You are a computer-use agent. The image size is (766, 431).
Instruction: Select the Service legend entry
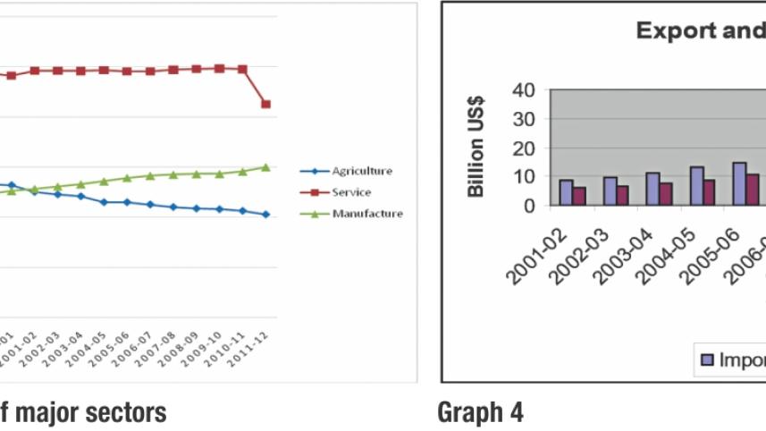point(350,192)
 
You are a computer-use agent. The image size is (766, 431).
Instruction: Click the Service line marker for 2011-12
point(265,105)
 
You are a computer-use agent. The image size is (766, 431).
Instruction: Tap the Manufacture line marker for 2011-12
point(265,167)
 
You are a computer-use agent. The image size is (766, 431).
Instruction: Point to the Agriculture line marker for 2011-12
point(265,215)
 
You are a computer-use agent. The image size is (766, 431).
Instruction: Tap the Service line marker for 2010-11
point(242,69)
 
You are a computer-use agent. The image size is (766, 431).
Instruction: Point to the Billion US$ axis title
point(477,147)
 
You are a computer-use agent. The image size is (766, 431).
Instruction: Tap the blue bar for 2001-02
point(567,192)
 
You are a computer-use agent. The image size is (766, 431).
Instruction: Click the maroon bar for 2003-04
point(666,194)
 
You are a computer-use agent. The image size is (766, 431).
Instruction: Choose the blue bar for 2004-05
point(696,185)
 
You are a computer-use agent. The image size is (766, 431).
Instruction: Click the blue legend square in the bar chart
point(708,359)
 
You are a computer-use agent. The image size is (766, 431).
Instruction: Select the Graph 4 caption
point(480,413)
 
